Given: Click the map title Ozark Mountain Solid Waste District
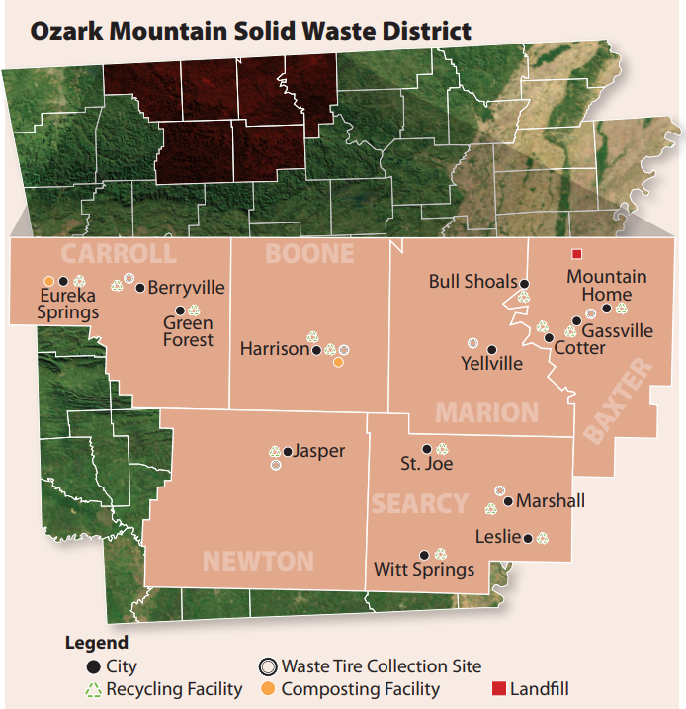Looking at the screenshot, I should click(x=250, y=31).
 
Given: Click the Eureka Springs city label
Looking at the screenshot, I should click(x=69, y=305).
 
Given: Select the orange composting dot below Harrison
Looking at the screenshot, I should click(x=338, y=363).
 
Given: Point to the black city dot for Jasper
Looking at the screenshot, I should click(x=288, y=452).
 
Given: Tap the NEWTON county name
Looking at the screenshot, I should click(x=258, y=562).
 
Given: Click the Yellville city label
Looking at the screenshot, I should click(x=491, y=363).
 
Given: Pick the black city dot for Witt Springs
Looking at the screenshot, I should click(x=424, y=555).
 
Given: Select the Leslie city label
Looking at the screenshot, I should click(x=498, y=538).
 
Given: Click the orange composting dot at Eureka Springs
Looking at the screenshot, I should click(x=48, y=281).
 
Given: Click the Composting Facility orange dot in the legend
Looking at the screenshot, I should click(x=270, y=688).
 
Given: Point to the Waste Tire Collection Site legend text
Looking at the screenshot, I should click(x=382, y=666).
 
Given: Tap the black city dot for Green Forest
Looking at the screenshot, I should click(x=180, y=310).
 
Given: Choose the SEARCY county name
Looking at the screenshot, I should click(x=419, y=504).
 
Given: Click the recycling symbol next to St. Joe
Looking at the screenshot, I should click(x=442, y=449).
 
